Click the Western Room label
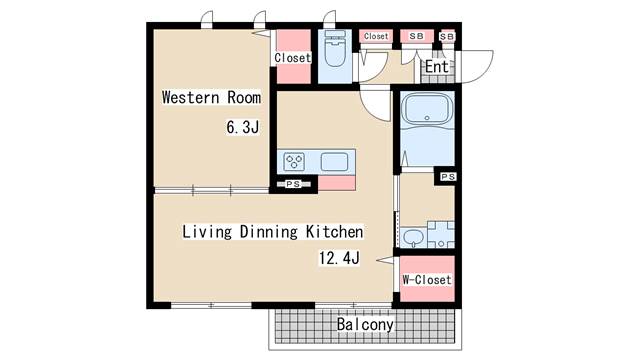coord(211,98)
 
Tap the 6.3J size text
coord(242,127)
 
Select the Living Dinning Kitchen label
coord(272,232)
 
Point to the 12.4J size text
coord(339,258)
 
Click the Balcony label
coord(365,324)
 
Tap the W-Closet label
coord(427,280)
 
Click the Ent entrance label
coord(437,67)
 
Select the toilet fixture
coord(335,48)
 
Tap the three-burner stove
coord(294,162)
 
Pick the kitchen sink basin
coord(334,162)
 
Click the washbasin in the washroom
coord(413,238)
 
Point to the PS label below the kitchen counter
coord(293,184)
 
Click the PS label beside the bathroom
coord(448,177)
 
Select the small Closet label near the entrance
coord(376,36)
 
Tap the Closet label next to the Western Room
coord(293,58)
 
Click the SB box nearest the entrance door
coord(447,36)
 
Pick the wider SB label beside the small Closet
coord(416,36)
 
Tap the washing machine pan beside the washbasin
coord(441,235)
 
